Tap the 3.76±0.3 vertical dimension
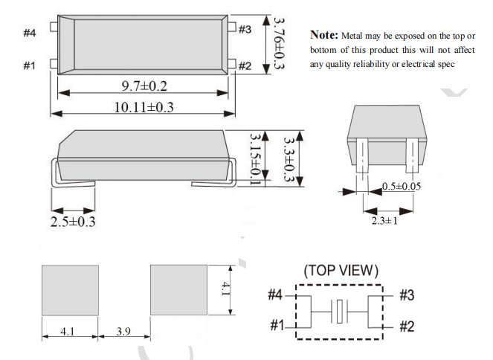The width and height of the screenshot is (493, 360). point(279,42)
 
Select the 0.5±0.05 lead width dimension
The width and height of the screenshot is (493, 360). point(402,186)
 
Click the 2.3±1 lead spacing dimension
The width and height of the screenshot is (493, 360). point(384,220)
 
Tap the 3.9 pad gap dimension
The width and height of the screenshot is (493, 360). point(123,332)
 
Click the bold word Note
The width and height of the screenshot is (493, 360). point(324,35)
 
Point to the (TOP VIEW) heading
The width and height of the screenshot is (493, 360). point(341,269)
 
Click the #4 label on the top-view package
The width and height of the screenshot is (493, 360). point(30,33)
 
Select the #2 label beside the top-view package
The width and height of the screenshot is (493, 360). point(245,66)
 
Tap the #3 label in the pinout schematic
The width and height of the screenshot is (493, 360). point(406,295)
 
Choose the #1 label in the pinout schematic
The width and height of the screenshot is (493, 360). point(277,326)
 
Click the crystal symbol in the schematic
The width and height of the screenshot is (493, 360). point(341,311)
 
